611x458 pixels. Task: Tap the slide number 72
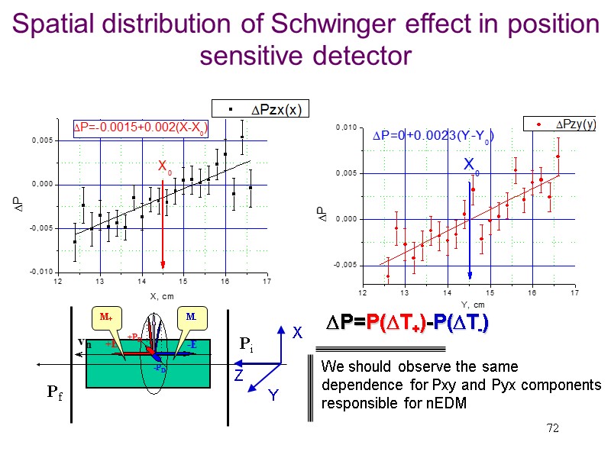[x=551, y=429]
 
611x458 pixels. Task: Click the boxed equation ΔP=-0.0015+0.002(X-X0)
[x=141, y=127]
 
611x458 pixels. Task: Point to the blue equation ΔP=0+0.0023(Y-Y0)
[x=432, y=137]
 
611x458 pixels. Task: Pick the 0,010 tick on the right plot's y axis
[x=347, y=127]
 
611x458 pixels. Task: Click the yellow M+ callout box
[x=102, y=316]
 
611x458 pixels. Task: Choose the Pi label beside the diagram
[x=247, y=345]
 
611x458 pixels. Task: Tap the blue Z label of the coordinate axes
[x=238, y=376]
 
